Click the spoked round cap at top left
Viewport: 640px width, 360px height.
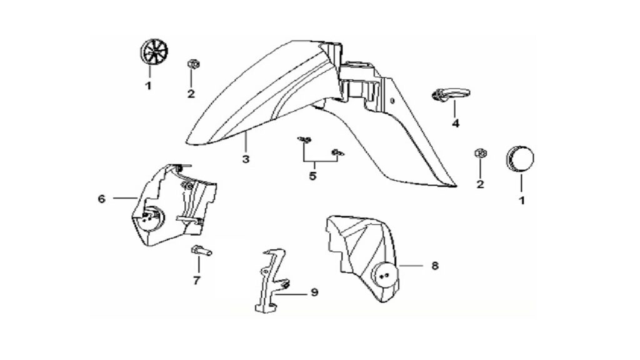click(x=154, y=52)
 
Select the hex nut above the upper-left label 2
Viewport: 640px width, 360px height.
click(x=192, y=64)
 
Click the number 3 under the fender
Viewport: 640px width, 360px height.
click(x=245, y=159)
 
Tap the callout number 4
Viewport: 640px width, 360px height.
click(x=456, y=123)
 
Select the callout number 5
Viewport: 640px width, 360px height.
click(x=312, y=177)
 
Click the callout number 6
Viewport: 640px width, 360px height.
click(x=102, y=199)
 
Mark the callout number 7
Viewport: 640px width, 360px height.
click(x=197, y=281)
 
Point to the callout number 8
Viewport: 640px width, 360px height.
click(x=435, y=266)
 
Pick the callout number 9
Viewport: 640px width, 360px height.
click(x=314, y=292)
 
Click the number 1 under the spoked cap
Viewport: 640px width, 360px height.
click(x=149, y=86)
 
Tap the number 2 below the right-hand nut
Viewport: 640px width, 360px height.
click(x=480, y=184)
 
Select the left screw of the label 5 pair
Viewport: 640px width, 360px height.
click(x=304, y=140)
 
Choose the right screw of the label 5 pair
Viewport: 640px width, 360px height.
click(x=338, y=152)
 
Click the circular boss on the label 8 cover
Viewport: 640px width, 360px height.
click(x=384, y=276)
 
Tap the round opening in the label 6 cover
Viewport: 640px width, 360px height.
click(x=152, y=219)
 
